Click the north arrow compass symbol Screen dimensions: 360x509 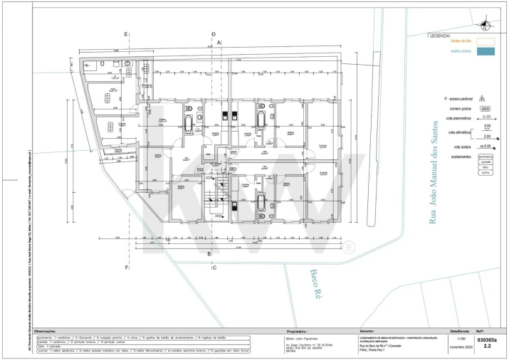[485, 26]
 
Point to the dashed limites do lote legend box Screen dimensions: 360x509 [485, 41]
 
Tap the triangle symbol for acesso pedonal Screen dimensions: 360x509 [482, 99]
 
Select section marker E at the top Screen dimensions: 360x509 [126, 34]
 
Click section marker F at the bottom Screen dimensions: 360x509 [126, 268]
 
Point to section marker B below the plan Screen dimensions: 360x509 [209, 254]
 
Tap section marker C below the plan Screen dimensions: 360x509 [213, 268]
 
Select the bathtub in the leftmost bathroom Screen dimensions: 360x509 [188, 126]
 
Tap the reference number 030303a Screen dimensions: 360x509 [487, 340]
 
